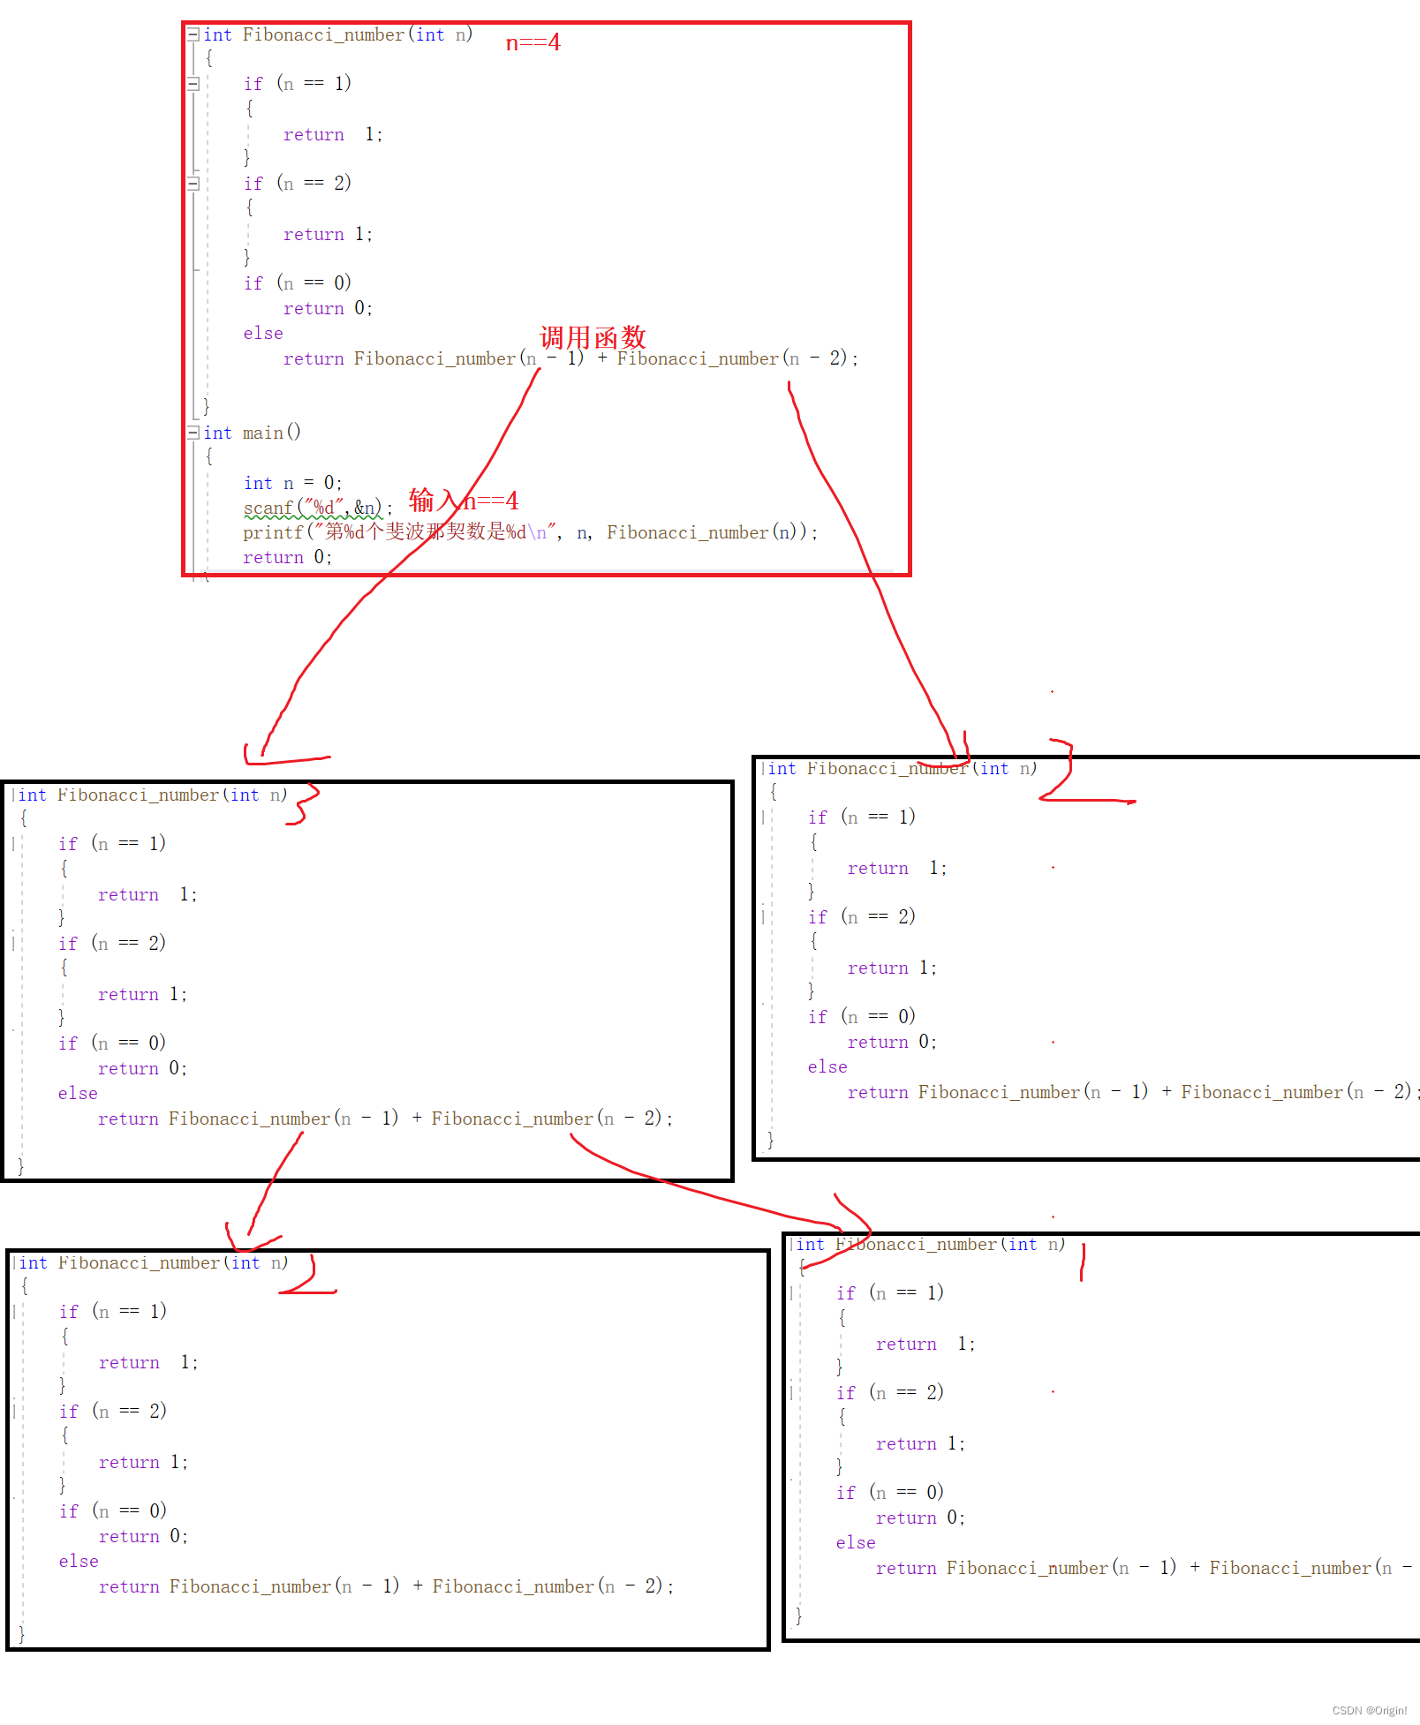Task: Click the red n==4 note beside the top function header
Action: click(x=532, y=42)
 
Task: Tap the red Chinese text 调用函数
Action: click(x=593, y=337)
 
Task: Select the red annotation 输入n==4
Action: click(x=464, y=501)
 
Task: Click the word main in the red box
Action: click(x=263, y=433)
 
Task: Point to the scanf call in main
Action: click(x=313, y=508)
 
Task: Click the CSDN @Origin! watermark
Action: click(x=1369, y=1710)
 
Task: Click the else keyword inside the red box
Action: click(x=263, y=334)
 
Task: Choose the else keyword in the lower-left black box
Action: click(x=79, y=1561)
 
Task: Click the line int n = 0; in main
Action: click(x=292, y=483)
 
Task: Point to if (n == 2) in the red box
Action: click(x=298, y=184)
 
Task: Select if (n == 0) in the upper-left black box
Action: click(x=112, y=1043)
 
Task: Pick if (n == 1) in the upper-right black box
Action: click(x=862, y=817)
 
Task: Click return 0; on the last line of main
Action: click(x=287, y=557)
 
